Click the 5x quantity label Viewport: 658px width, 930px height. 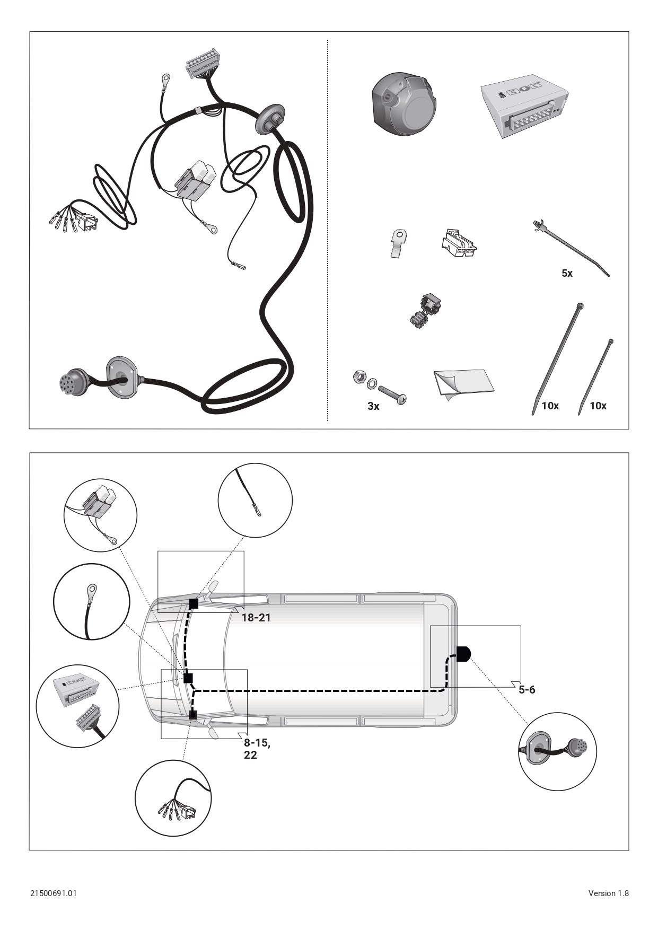click(567, 274)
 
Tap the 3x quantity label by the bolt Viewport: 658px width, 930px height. click(373, 406)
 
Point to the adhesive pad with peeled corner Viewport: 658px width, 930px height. click(464, 383)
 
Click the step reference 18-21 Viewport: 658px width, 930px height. click(256, 618)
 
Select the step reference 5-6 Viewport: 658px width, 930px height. click(527, 690)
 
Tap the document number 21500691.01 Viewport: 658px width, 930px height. click(53, 893)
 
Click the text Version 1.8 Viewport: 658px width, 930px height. click(608, 893)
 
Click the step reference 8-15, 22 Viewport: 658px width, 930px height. click(257, 749)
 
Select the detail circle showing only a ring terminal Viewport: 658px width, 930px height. click(92, 602)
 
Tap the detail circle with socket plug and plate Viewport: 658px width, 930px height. click(557, 751)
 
